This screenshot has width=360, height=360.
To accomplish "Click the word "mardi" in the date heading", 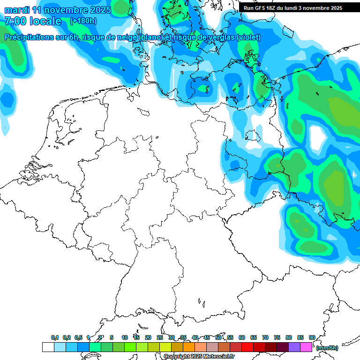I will click(17, 10).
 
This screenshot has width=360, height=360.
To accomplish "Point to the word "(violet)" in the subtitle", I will click(248, 37).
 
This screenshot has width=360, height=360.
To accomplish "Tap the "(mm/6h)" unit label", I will click(327, 348).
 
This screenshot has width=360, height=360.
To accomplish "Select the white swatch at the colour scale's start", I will click(48, 347).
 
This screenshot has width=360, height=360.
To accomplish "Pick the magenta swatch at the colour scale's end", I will click(306, 347).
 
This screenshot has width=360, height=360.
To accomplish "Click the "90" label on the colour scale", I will click(312, 337).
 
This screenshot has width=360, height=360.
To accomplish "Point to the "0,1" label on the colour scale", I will click(55, 337).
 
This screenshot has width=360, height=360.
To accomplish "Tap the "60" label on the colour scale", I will click(242, 337).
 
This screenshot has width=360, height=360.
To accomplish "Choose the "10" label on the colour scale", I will click(125, 337).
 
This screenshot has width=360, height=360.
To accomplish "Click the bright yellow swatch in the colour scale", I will click(165, 347).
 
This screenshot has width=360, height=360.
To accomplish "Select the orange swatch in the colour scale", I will click(189, 347).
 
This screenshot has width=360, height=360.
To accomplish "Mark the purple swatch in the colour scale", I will click(294, 347).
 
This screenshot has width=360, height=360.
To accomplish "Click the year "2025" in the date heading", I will click(99, 10).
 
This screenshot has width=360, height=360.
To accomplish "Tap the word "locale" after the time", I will click(46, 21).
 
